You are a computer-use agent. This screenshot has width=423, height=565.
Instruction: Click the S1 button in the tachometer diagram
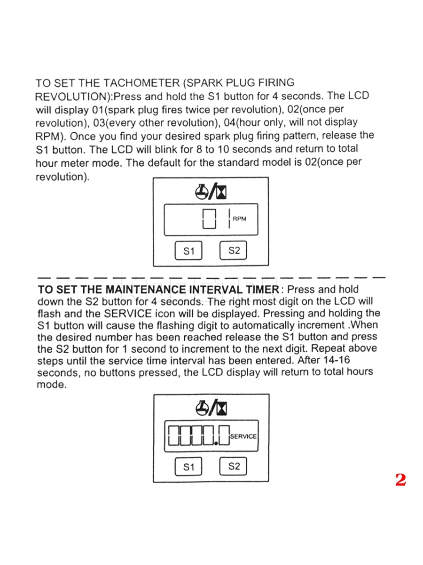click(x=188, y=251)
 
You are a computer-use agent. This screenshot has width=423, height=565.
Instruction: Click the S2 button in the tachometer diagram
click(x=234, y=250)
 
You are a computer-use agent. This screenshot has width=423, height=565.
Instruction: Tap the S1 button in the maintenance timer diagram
click(x=188, y=468)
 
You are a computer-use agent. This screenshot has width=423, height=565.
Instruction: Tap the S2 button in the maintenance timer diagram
click(x=234, y=467)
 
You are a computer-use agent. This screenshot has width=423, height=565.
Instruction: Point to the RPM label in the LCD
click(x=240, y=219)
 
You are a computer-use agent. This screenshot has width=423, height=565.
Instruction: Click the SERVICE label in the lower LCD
click(x=243, y=436)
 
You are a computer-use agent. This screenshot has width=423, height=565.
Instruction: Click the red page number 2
click(x=400, y=480)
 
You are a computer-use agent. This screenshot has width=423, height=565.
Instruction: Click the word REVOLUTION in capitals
click(x=72, y=97)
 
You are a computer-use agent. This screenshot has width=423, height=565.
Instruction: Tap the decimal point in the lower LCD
click(x=215, y=443)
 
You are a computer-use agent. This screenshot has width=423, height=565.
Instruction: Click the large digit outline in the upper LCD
click(x=209, y=219)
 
